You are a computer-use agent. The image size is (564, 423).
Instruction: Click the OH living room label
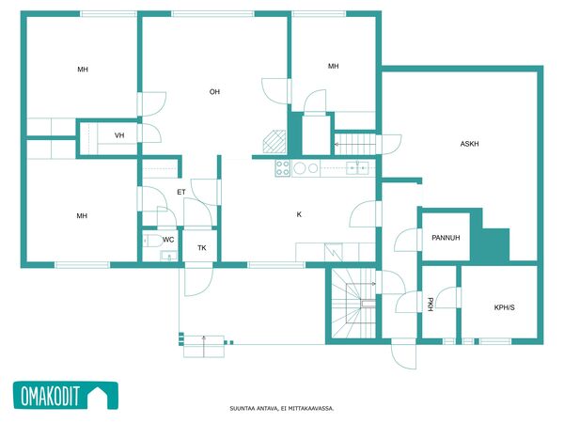214,92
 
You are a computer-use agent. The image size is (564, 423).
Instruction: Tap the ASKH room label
469,144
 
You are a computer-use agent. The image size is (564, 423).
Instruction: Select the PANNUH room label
446,238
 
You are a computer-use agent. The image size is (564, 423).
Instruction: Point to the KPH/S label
504,307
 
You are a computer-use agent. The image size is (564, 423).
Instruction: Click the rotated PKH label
430,305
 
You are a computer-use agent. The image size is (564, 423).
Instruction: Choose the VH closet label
119,135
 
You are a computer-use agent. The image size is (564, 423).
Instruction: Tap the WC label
168,240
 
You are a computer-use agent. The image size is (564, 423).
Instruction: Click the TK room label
202,248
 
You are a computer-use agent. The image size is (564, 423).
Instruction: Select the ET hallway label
181,192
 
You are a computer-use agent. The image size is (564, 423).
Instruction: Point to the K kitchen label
299,214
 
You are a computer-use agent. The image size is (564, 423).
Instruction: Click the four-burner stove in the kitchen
283,168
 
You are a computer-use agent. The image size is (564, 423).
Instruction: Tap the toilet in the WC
152,241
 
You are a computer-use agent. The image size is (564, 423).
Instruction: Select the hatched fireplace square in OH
274,142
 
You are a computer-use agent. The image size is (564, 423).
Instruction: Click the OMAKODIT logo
66,396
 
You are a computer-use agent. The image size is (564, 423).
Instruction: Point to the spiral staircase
353,304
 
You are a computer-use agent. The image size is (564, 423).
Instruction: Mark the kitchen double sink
357,168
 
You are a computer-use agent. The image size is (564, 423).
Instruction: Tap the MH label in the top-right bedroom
333,66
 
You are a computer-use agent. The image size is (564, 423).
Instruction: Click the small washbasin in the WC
168,256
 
